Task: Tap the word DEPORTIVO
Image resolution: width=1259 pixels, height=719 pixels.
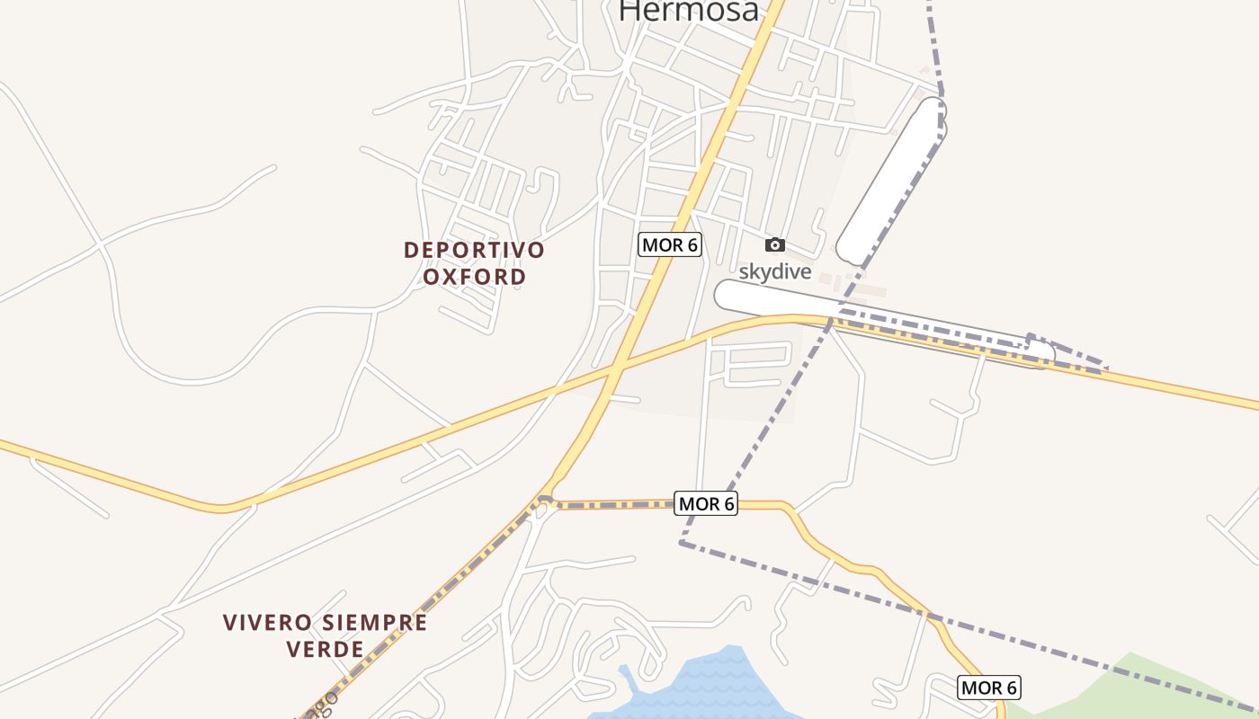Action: [474, 250]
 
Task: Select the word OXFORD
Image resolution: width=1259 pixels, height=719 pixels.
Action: [474, 276]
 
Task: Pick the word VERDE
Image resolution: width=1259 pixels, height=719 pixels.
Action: [326, 649]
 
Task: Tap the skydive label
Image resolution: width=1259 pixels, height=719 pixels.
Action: [775, 271]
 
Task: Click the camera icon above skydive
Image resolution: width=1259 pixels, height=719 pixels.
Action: [774, 244]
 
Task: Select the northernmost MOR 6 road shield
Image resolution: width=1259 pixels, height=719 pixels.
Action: [670, 244]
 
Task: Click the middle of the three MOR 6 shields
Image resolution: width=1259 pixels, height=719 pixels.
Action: [706, 504]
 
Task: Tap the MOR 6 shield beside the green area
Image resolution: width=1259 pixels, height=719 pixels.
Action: [988, 688]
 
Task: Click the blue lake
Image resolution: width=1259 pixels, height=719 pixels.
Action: [719, 688]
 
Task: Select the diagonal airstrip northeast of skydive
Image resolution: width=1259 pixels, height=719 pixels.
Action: [891, 180]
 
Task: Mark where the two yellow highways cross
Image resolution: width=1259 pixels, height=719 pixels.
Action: [615, 369]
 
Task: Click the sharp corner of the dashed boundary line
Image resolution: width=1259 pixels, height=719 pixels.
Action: [683, 543]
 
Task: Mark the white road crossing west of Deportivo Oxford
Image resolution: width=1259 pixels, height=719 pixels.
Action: [101, 243]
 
